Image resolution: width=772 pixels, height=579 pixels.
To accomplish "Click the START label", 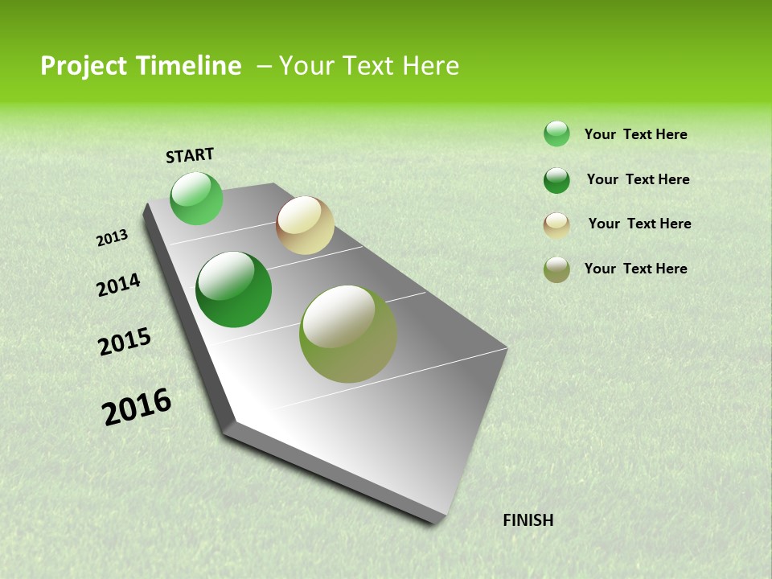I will (x=190, y=155).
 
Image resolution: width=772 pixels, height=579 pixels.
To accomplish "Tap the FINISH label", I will (x=528, y=520).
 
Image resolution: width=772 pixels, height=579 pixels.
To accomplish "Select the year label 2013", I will (x=112, y=237).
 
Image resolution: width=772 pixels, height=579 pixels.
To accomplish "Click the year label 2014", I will (x=118, y=285).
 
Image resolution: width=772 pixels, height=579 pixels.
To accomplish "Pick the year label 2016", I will (x=137, y=407).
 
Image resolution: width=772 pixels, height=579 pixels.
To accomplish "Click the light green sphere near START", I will (x=196, y=198).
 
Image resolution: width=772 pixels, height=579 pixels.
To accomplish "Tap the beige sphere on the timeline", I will (x=305, y=225).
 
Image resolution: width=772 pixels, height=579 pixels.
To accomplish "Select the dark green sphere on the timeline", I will (x=233, y=289).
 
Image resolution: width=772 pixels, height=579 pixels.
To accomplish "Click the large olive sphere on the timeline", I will (x=347, y=334).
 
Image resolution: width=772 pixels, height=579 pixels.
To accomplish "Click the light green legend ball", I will (x=556, y=133).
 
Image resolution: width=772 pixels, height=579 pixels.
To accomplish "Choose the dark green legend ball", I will (x=556, y=180).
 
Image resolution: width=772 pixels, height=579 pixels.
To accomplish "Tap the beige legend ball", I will (x=556, y=225).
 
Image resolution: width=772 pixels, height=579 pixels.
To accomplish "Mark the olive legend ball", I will (x=556, y=269).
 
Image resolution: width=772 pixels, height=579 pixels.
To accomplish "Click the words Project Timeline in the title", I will (x=141, y=66).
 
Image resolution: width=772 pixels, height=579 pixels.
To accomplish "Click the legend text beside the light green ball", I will (x=635, y=134).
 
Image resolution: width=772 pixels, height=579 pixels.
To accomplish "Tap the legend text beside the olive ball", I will (x=635, y=269).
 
